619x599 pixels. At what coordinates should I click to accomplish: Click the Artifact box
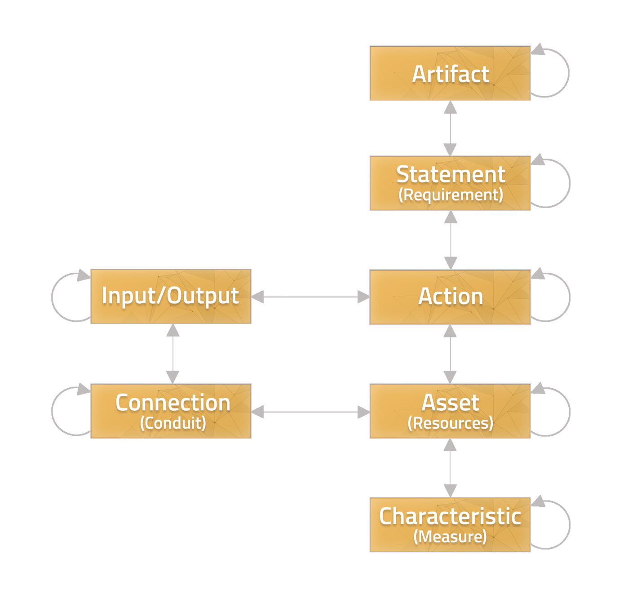pos(450,73)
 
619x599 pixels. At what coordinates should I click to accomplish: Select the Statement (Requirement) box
pos(450,183)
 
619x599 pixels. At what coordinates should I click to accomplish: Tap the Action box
pos(450,297)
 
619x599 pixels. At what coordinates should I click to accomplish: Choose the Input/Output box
pos(171,296)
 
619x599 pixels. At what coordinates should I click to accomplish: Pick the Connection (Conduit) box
pos(171,411)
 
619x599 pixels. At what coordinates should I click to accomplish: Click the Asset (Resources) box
pos(450,411)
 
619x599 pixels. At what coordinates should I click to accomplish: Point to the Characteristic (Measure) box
pos(450,524)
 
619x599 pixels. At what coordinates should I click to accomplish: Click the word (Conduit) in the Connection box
pos(173,423)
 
